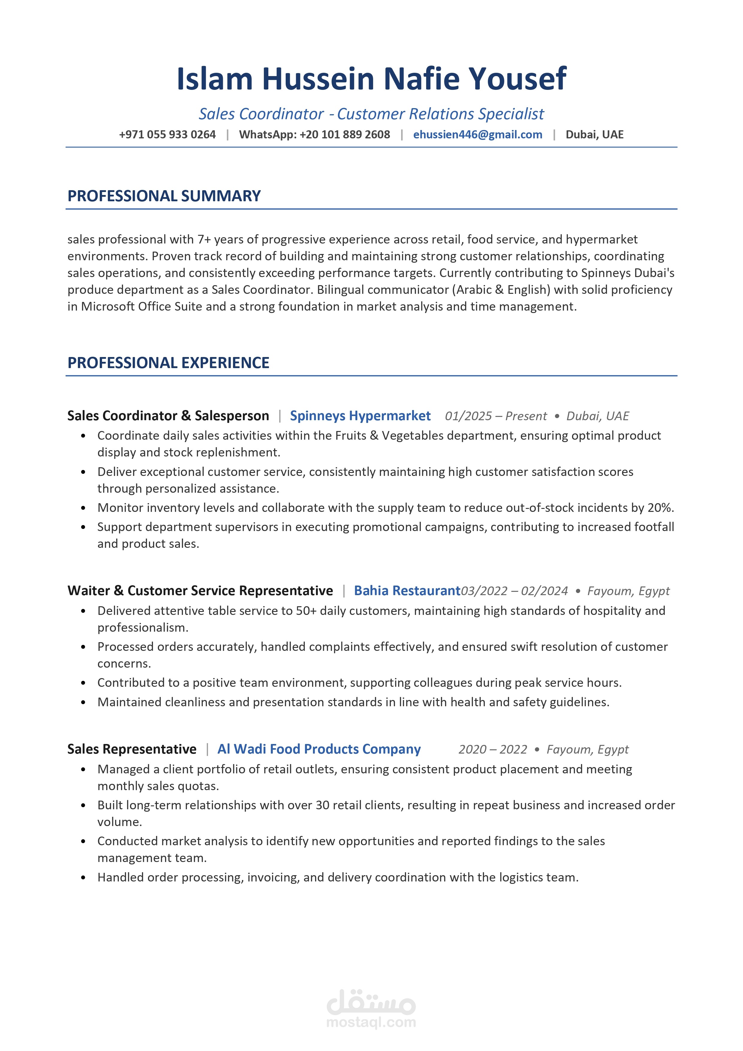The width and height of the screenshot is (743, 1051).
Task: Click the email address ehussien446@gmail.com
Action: tap(477, 134)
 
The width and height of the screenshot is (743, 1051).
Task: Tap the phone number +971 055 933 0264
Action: tap(167, 134)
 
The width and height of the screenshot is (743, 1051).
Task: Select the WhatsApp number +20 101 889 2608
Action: tap(345, 134)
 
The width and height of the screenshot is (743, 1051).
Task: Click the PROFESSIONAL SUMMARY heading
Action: tap(164, 196)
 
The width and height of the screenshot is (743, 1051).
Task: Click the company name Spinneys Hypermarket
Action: tap(360, 416)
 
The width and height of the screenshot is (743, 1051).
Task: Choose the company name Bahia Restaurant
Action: tap(407, 591)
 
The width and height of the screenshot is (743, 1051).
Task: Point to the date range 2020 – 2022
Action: tap(493, 749)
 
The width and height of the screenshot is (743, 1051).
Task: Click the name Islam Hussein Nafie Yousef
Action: tap(371, 79)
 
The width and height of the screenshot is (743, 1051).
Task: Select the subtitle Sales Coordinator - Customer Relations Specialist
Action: tap(371, 114)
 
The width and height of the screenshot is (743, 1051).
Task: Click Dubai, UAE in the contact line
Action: tap(594, 134)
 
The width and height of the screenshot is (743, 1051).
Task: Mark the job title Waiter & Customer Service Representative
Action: tap(200, 591)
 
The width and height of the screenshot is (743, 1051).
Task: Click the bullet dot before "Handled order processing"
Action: tap(83, 878)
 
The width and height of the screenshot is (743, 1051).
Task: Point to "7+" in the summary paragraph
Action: tap(204, 239)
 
